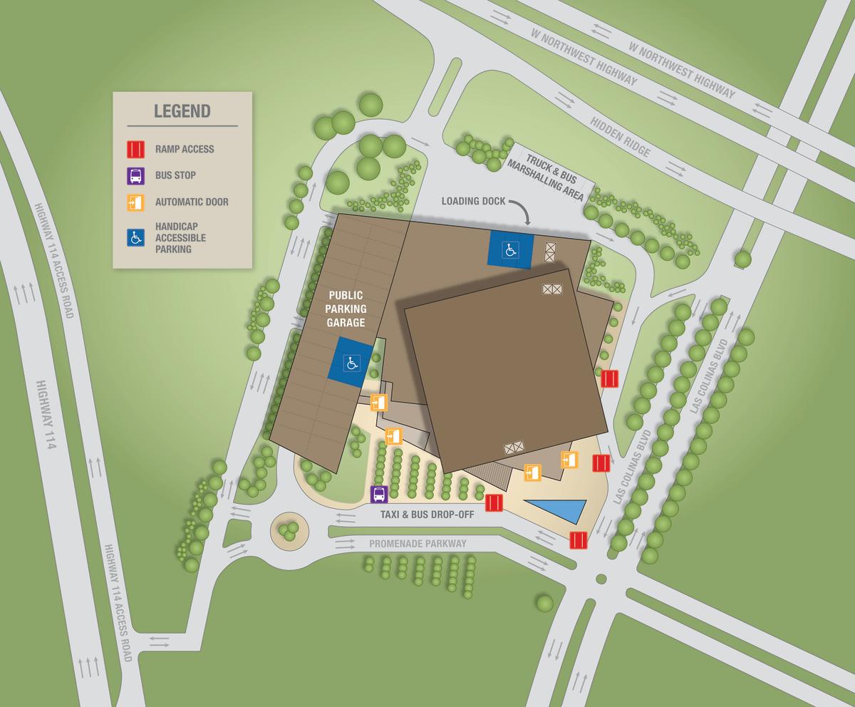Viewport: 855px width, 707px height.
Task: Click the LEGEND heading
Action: (x=182, y=111)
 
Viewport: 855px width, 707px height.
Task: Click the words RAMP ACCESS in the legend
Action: (x=185, y=150)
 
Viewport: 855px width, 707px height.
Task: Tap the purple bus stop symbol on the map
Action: (x=379, y=493)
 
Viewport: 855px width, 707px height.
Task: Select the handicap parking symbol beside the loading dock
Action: (x=510, y=249)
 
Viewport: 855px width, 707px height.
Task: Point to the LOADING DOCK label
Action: (x=473, y=201)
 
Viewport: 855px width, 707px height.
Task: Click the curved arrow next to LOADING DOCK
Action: (x=524, y=211)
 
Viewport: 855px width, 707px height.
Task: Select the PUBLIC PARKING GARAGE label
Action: (x=346, y=308)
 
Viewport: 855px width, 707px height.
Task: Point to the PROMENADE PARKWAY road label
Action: (x=418, y=543)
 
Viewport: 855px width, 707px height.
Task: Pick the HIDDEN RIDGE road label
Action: (x=620, y=137)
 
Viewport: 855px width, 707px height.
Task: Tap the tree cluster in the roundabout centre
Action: (x=289, y=530)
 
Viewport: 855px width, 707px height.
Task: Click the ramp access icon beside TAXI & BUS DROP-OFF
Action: (x=494, y=503)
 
